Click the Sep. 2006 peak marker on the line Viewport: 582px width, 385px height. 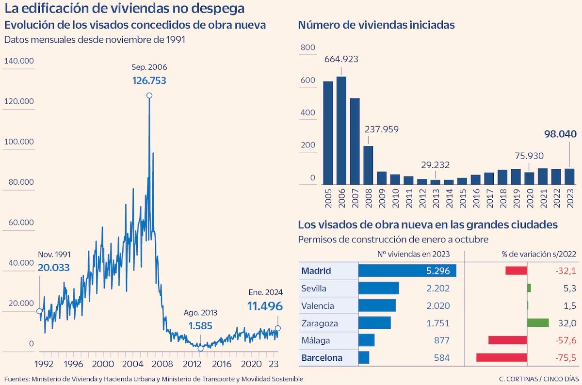(x=149, y=96)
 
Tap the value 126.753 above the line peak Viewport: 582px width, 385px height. (x=149, y=80)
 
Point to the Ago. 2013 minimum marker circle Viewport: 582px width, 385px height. (x=200, y=348)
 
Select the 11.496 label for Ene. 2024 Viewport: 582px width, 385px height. (x=265, y=306)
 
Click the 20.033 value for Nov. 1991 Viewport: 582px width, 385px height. (x=54, y=267)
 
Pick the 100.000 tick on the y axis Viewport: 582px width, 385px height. (x=18, y=142)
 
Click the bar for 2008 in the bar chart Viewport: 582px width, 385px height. (x=369, y=165)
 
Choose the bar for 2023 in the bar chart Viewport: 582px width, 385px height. (x=570, y=176)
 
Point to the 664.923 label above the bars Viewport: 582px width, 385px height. (x=341, y=59)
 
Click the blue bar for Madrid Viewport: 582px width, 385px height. (x=407, y=271)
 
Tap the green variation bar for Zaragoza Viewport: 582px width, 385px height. (x=538, y=323)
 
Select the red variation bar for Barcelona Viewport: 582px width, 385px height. (x=501, y=358)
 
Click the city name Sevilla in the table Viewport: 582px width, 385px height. (x=314, y=289)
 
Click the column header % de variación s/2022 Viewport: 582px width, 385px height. (x=538, y=254)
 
